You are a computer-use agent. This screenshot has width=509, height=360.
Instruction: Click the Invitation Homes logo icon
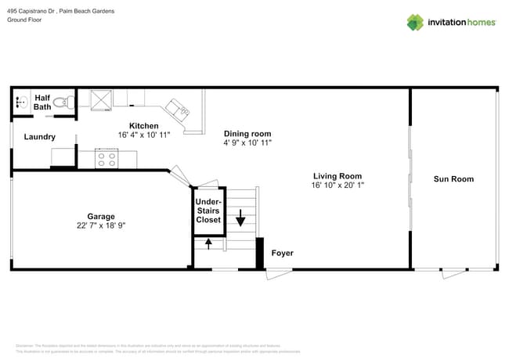(414, 22)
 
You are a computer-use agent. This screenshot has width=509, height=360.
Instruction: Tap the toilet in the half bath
(68, 102)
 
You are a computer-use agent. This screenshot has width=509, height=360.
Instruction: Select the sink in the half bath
(20, 102)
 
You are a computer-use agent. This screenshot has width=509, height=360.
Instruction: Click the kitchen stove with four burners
(106, 159)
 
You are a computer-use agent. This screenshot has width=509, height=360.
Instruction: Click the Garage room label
(101, 216)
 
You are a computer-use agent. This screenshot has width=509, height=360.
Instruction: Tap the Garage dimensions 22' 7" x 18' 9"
(101, 225)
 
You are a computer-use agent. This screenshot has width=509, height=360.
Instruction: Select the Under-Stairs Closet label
(208, 211)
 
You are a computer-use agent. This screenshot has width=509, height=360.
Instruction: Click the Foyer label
(282, 253)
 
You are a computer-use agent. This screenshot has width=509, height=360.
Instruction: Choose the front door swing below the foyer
(278, 274)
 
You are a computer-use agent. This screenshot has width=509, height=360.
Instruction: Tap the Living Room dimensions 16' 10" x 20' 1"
(338, 185)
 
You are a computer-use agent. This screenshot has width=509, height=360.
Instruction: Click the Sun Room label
(453, 179)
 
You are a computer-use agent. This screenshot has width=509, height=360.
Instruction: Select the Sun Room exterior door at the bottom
(453, 274)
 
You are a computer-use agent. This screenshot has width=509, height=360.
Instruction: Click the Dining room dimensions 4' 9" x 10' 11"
(247, 143)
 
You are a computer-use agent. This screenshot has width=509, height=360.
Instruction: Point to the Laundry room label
(40, 137)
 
